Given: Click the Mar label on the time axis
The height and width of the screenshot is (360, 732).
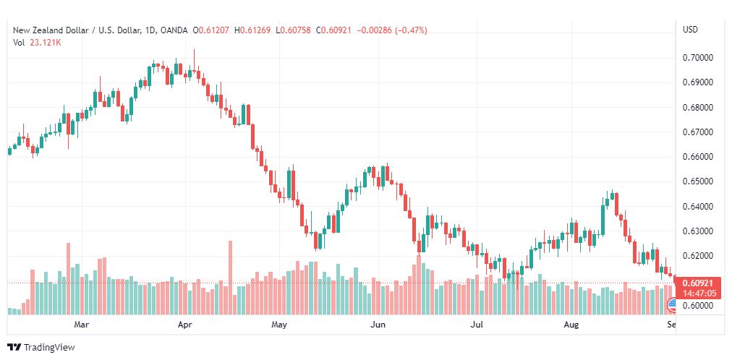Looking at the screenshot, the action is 82,324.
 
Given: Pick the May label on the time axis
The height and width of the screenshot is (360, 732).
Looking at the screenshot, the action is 279,324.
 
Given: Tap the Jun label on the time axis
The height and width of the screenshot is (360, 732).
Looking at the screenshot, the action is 378,324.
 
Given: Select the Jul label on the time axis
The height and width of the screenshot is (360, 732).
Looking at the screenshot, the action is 477,324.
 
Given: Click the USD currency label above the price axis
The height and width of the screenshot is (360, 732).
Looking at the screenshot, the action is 690,30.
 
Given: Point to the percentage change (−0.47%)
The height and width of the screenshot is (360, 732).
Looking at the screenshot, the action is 412,30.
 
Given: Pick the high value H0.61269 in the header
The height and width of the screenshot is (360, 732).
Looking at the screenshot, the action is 252,30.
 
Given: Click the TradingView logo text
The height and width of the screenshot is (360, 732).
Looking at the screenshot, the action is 49,348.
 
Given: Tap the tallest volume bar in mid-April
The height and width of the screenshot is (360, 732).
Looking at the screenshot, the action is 230,278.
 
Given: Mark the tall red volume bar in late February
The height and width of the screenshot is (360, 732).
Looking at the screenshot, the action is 68,279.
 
